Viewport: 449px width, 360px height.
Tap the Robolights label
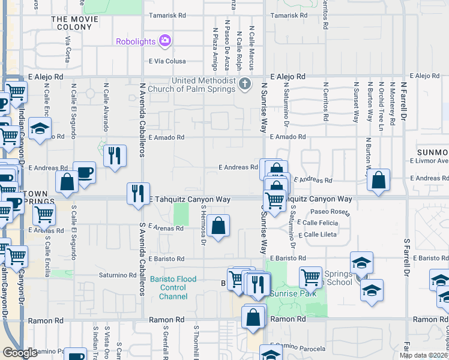[x=137, y=41]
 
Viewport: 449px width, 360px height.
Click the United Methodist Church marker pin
[x=244, y=83]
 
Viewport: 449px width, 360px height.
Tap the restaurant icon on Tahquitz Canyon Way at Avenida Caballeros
[x=139, y=193]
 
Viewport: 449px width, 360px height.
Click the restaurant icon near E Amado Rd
[x=114, y=155]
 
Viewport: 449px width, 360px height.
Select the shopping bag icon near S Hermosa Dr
[x=220, y=226]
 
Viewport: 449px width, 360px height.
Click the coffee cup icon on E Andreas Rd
[x=84, y=172]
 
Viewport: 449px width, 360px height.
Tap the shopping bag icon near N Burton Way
[x=379, y=179]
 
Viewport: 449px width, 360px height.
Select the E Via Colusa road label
[x=166, y=61]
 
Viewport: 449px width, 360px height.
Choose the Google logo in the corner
[x=20, y=353]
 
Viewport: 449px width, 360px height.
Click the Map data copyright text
[x=423, y=355]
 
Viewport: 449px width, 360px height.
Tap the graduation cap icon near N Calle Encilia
[x=40, y=128]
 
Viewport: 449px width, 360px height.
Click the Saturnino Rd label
[x=118, y=275]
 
